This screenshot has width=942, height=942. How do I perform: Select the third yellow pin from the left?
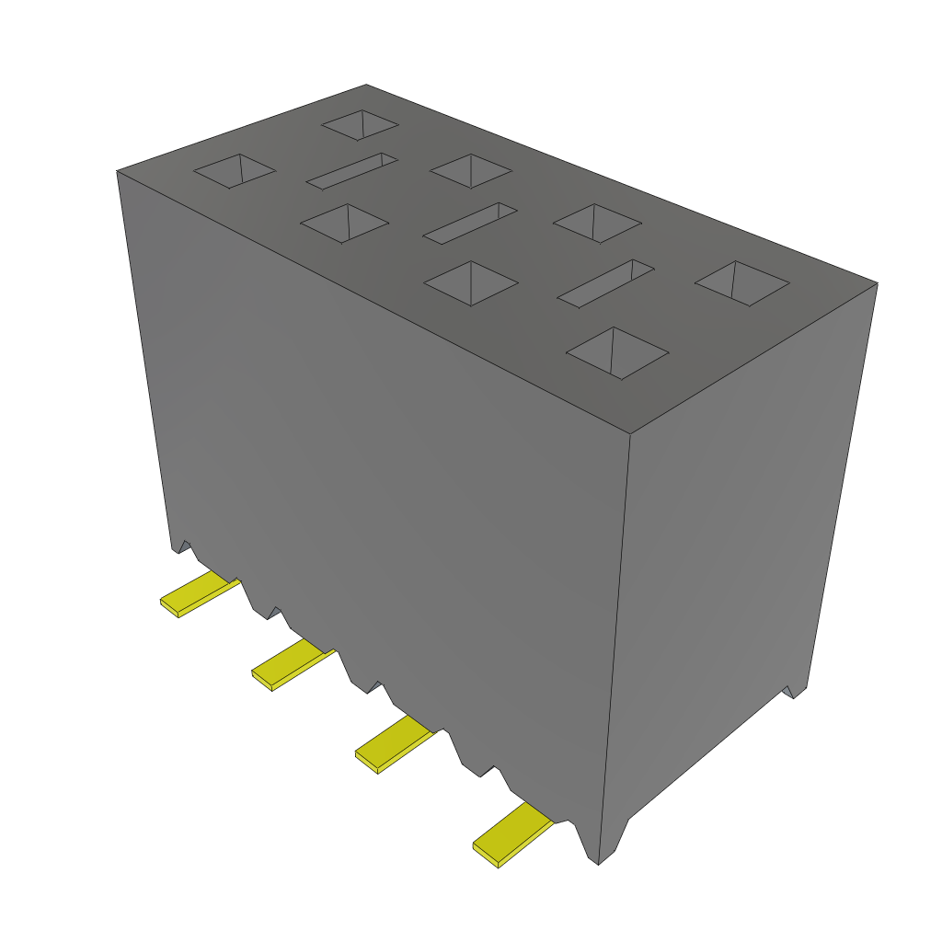coord(393,743)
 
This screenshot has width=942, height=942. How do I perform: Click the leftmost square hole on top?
coord(234,171)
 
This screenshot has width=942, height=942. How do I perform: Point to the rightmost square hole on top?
coord(741,283)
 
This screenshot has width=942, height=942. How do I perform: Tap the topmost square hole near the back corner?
coord(360,126)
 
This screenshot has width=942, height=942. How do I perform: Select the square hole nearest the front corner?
coord(616,352)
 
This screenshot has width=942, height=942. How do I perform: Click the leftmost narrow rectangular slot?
coord(351,171)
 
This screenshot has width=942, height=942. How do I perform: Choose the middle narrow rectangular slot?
coord(469,224)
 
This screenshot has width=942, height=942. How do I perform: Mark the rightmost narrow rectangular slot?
coord(605,283)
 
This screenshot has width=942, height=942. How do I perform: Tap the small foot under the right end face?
coord(791,690)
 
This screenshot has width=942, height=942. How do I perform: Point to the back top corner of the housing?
coord(366,85)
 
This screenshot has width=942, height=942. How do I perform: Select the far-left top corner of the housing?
coord(117,171)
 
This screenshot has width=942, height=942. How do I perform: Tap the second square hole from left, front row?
coord(344,224)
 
